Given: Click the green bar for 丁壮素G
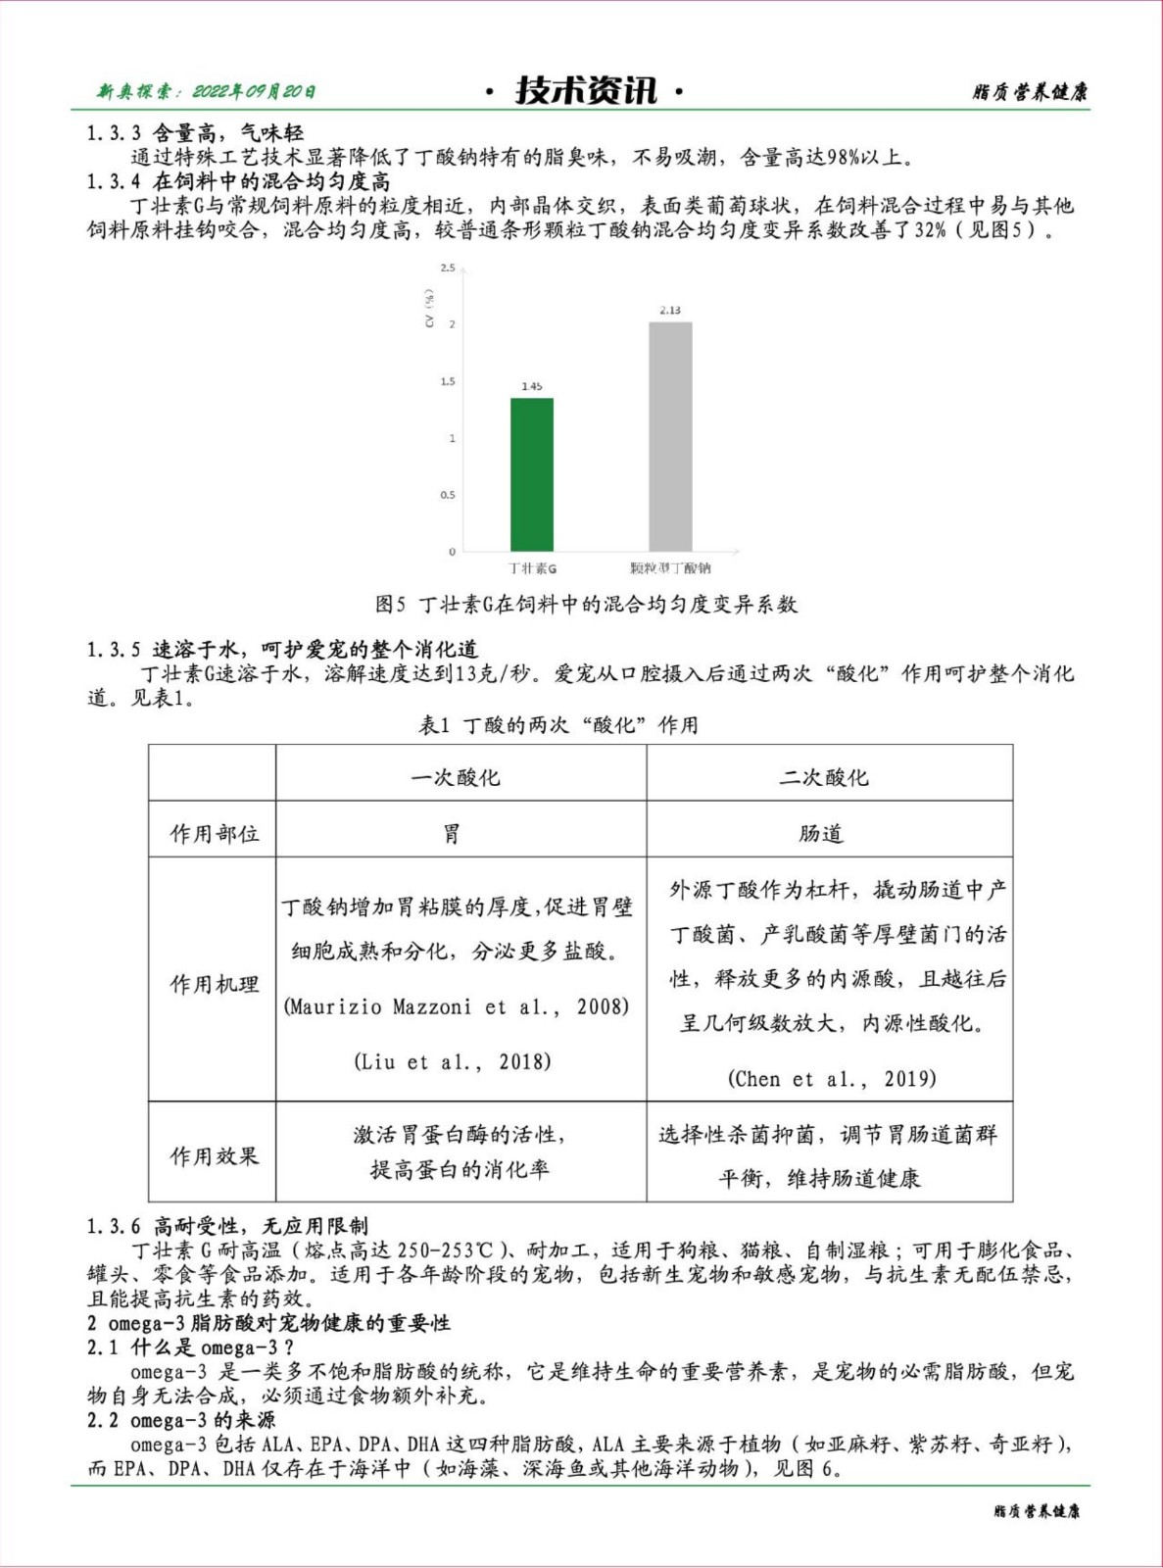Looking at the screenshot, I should click(532, 474).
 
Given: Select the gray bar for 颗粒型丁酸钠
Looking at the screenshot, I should click(670, 436).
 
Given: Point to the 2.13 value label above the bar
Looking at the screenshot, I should click(670, 310).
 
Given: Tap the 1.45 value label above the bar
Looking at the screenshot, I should click(532, 386).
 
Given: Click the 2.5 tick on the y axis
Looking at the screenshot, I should click(448, 268).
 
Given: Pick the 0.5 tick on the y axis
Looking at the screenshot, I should click(448, 495).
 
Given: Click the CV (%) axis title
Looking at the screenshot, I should click(429, 308).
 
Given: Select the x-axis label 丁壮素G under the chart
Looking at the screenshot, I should click(532, 568).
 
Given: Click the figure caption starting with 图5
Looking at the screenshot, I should click(586, 605).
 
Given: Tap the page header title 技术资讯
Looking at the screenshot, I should click(586, 91).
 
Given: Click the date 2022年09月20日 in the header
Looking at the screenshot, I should click(253, 92).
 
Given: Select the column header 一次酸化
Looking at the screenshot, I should click(456, 777).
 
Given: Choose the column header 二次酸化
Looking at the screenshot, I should click(824, 777).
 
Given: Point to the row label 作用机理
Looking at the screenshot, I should click(215, 984).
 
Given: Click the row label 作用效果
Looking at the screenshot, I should click(215, 1156).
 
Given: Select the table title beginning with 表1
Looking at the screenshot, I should click(558, 725).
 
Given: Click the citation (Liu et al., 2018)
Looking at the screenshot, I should click(453, 1061).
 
